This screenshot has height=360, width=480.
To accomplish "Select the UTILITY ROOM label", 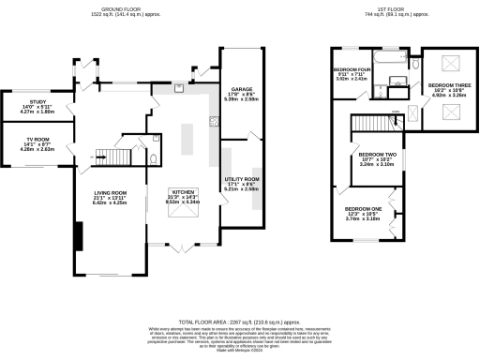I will coord(242,181).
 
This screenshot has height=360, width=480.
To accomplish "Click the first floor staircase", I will coord(367,125).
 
